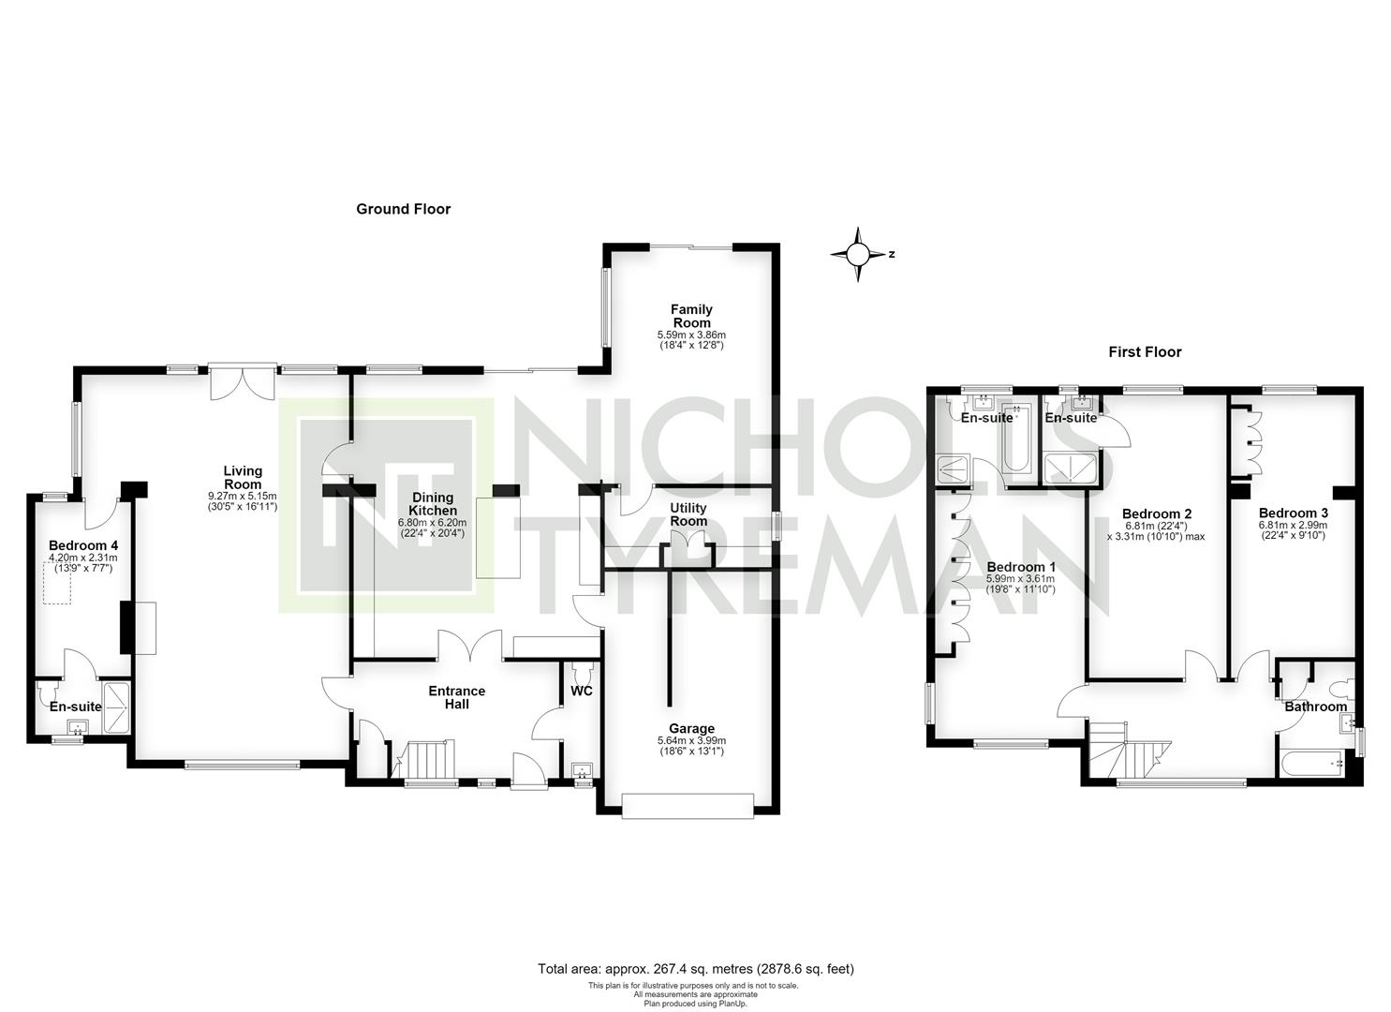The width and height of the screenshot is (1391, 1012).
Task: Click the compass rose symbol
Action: (x=858, y=254)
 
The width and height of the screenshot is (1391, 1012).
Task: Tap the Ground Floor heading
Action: (x=403, y=209)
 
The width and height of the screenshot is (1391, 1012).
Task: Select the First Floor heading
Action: (x=1145, y=352)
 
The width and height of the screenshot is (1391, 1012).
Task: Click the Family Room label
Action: (x=691, y=316)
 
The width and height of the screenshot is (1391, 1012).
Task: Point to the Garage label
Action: (x=691, y=728)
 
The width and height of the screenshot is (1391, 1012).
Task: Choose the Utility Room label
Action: (x=688, y=514)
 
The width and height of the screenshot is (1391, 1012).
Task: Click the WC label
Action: (x=582, y=691)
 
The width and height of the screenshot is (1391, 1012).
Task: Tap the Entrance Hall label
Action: (x=457, y=697)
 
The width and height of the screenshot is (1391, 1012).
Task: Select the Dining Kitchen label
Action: (x=433, y=504)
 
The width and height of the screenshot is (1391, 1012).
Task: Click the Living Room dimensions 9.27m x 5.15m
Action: (x=243, y=497)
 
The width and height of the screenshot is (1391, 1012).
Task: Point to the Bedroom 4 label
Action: (x=83, y=545)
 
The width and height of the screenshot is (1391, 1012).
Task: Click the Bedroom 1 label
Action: (x=1021, y=567)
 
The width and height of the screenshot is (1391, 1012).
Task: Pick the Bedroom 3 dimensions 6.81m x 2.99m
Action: (x=1293, y=525)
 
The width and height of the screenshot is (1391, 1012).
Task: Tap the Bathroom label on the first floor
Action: (x=1316, y=707)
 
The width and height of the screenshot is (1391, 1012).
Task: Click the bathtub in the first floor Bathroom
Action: (x=1311, y=763)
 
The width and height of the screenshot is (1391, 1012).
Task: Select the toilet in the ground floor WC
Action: (x=582, y=671)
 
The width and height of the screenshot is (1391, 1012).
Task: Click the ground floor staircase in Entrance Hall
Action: (x=425, y=759)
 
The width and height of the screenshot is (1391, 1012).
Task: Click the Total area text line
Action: (x=695, y=969)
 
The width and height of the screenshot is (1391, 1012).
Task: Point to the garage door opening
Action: (x=688, y=807)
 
